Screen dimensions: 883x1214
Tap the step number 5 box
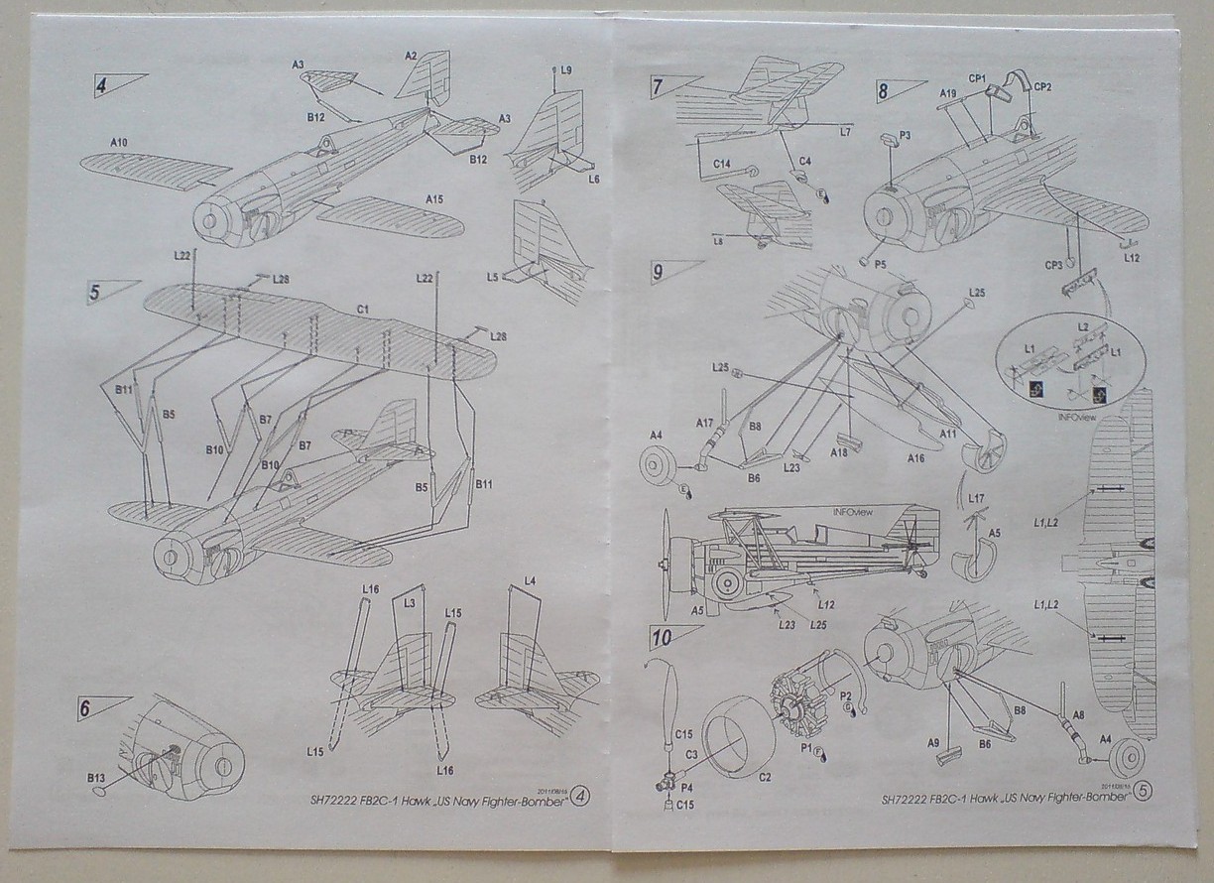click(94, 294)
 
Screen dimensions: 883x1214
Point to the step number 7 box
click(658, 87)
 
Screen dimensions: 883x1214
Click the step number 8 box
click(883, 92)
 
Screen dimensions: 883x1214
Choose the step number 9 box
click(658, 271)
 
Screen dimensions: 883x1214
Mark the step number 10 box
click(658, 635)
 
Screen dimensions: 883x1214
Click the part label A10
click(118, 144)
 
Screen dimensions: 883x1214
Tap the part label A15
click(433, 199)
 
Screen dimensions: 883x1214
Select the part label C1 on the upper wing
click(363, 311)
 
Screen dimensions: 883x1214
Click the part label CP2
click(1041, 87)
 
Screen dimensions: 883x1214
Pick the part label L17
click(976, 498)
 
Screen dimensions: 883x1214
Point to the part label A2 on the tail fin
click(412, 57)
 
